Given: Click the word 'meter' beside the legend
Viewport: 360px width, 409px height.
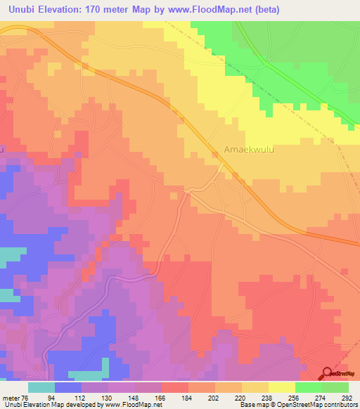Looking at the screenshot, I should [x=11, y=397].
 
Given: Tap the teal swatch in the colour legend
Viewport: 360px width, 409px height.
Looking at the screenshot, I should [x=41, y=387].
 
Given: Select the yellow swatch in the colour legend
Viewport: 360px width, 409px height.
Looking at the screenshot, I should [x=282, y=387].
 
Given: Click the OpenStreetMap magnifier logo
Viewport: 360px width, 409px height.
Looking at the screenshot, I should [x=327, y=373].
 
